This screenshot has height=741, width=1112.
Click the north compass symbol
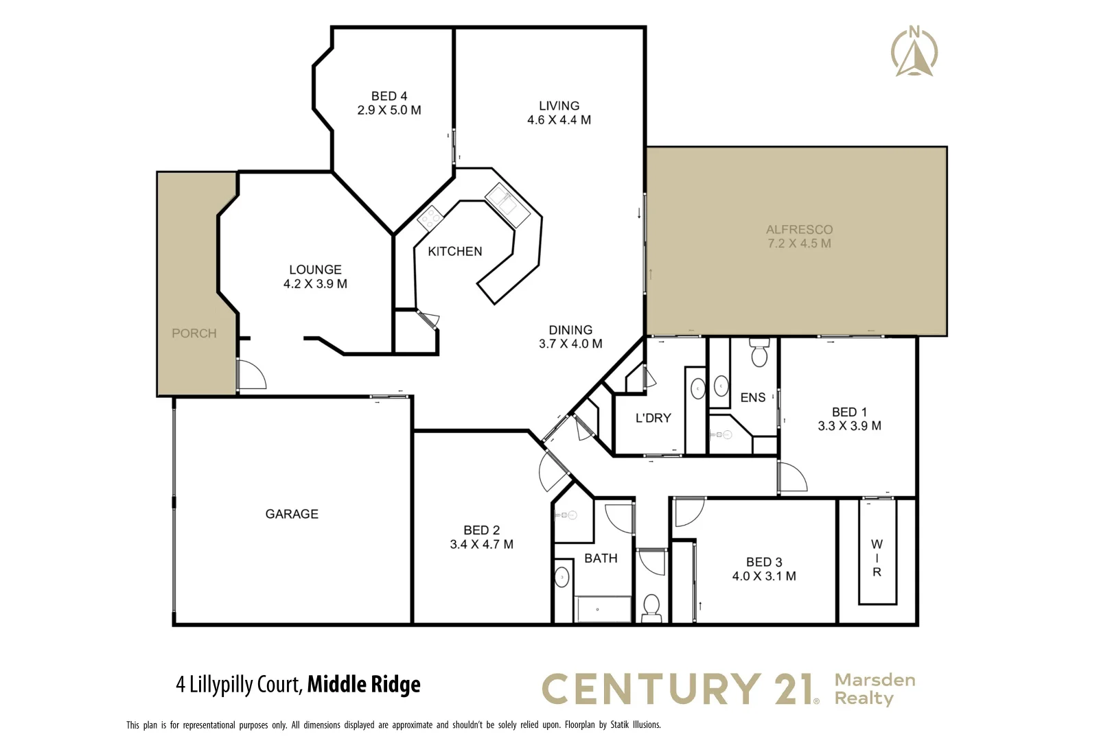(x=914, y=52)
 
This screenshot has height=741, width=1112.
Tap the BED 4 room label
(x=389, y=96)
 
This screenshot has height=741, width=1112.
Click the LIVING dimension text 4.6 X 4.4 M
(x=559, y=120)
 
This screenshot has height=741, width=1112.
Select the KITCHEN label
(x=455, y=252)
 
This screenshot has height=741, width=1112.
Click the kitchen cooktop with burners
(x=430, y=217)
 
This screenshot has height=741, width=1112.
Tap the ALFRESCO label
(x=799, y=230)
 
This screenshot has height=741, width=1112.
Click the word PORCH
(x=194, y=333)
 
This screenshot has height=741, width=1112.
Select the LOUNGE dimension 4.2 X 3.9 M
(x=315, y=284)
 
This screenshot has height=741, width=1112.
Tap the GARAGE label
(x=292, y=514)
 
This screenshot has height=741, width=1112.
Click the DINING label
(x=570, y=330)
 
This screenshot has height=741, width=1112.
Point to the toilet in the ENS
(x=759, y=353)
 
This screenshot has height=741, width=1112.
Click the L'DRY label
(x=653, y=418)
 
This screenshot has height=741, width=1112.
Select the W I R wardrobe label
(x=877, y=558)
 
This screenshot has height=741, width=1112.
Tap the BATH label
(x=601, y=558)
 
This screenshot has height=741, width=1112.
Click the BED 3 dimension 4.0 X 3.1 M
(x=764, y=576)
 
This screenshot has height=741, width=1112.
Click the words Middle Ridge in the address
(x=364, y=685)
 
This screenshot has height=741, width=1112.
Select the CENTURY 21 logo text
(x=680, y=690)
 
